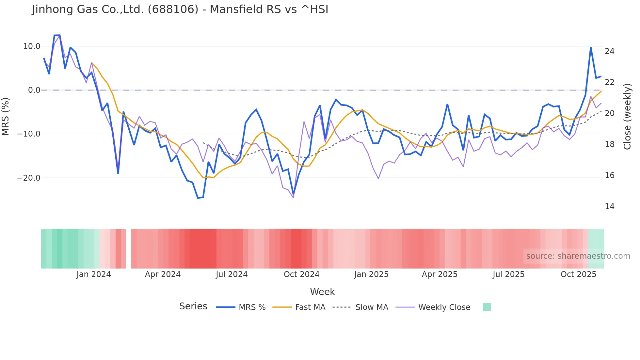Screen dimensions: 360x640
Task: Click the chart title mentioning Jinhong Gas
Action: pyautogui.click(x=180, y=9)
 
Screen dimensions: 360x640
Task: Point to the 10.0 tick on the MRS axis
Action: pyautogui.click(x=32, y=46)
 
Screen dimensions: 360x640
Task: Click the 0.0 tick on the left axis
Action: pyautogui.click(x=34, y=90)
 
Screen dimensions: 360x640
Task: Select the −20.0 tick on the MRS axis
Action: pyautogui.click(x=29, y=178)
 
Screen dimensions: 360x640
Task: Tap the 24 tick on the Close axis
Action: pyautogui.click(x=609, y=51)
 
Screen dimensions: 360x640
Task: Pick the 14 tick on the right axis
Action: pyautogui.click(x=609, y=206)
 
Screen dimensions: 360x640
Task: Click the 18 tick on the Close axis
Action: pyautogui.click(x=609, y=144)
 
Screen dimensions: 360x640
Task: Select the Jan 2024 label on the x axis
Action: pyautogui.click(x=94, y=274)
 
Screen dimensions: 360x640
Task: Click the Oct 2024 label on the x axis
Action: pyautogui.click(x=301, y=274)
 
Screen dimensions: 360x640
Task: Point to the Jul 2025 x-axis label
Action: pyautogui.click(x=508, y=274)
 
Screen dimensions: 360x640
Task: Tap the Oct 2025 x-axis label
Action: pyautogui.click(x=578, y=274)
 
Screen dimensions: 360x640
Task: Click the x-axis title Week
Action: pyautogui.click(x=322, y=292)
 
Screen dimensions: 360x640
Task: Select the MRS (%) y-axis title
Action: pyautogui.click(x=6, y=116)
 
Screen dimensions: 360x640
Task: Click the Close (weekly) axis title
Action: pyautogui.click(x=627, y=116)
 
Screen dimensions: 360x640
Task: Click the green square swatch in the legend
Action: pyautogui.click(x=487, y=307)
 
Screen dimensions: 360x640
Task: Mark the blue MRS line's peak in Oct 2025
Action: pyautogui.click(x=591, y=48)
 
